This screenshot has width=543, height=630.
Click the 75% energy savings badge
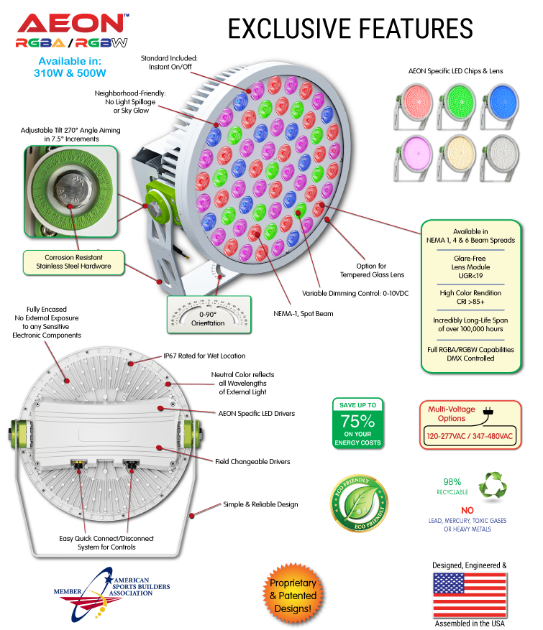[x=357, y=423]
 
